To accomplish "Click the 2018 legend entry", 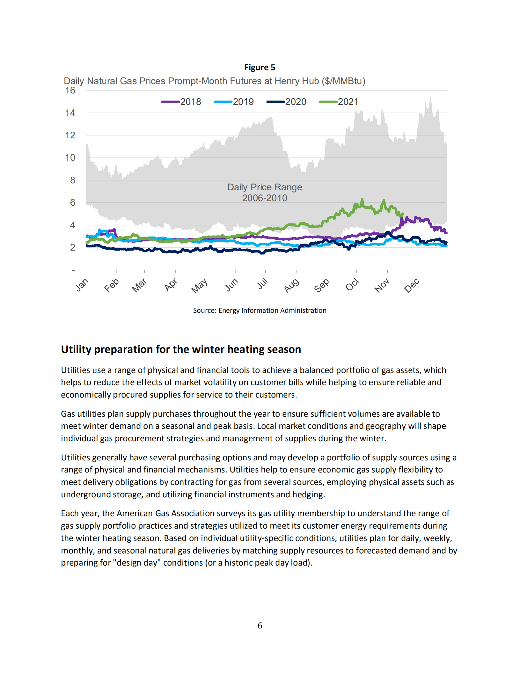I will (x=181, y=102).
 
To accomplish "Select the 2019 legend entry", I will (x=234, y=102).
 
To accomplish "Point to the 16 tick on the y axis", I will (x=70, y=91).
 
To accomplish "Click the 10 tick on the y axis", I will (x=70, y=157).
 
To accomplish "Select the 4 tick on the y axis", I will (x=72, y=225).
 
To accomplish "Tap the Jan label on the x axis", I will (x=82, y=285).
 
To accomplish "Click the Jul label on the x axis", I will (x=263, y=283).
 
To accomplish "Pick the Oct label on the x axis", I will (x=352, y=284).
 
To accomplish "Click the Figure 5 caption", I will (x=260, y=67).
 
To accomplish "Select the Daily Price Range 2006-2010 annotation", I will (x=265, y=193).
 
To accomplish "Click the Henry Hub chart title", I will (x=214, y=81).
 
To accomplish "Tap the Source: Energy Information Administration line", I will (x=260, y=311).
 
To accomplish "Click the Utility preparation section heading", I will (x=181, y=349).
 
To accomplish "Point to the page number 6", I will (x=260, y=625).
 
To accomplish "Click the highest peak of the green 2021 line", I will (x=362, y=200).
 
